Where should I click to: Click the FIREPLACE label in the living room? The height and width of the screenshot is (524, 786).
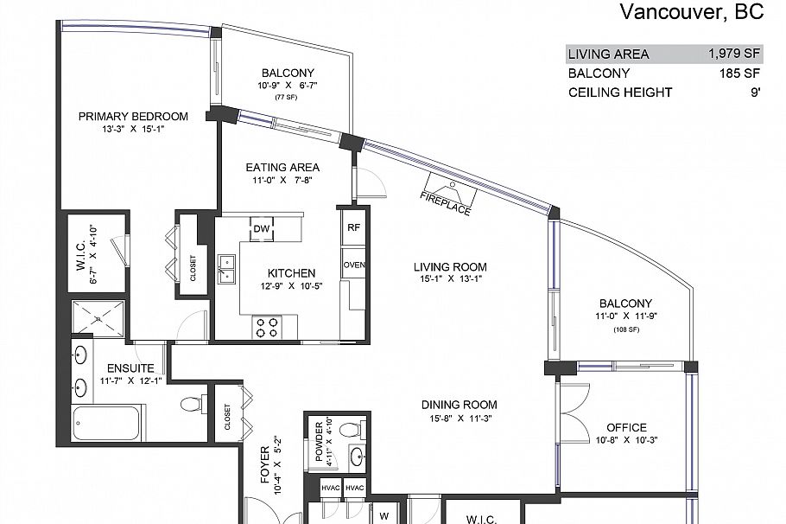[446, 198]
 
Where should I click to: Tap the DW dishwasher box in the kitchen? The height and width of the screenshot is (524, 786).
[262, 228]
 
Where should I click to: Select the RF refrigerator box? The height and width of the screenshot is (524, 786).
[353, 228]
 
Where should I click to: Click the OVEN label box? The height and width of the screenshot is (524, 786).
[353, 265]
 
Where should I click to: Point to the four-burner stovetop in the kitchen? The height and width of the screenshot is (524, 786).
[266, 327]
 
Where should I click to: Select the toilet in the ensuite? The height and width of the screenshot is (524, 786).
[193, 403]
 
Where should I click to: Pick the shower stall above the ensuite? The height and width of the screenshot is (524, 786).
[98, 319]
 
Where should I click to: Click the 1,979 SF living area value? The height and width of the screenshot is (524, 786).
[734, 54]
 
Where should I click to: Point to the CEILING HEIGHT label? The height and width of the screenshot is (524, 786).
[619, 93]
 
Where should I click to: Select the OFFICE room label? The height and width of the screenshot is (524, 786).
[626, 427]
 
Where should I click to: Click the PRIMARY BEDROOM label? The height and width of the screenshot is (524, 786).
[133, 117]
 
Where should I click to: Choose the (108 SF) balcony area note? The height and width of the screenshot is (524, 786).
[625, 329]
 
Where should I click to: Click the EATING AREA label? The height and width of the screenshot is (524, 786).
[282, 167]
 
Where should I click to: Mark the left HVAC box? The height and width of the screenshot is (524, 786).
[331, 489]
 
